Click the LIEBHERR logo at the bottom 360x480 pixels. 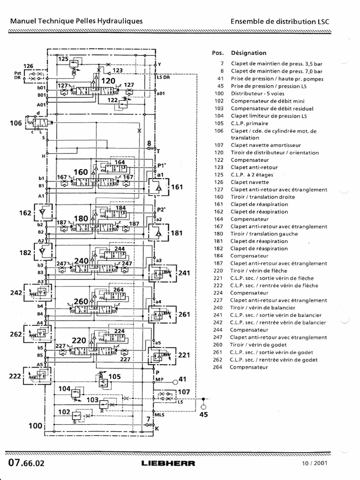point(168,464)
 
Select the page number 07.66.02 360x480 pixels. point(26,463)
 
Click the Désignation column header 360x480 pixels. point(248,53)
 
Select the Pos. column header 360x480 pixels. point(218,53)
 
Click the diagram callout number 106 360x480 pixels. point(16,124)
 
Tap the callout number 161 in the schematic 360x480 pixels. point(177,187)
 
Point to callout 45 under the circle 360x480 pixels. point(203,414)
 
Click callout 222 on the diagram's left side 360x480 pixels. point(16,376)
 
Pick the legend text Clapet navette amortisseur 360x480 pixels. point(265,145)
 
